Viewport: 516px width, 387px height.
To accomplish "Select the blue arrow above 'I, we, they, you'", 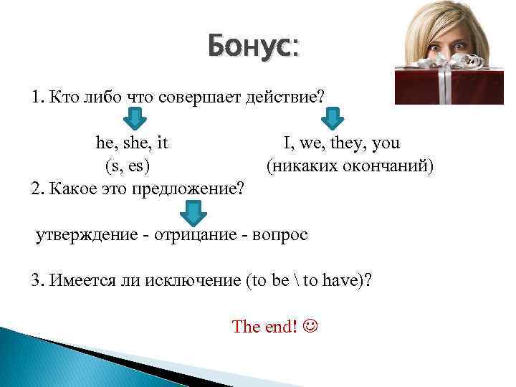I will click(331, 117).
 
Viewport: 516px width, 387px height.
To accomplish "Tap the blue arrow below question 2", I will click(192, 211).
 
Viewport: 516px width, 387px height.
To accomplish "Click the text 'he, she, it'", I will click(132, 143).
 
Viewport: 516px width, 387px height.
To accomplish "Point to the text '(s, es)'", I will click(128, 166).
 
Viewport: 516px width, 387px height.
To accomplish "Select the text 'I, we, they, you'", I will click(342, 143).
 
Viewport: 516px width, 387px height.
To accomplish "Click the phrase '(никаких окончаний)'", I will click(350, 166).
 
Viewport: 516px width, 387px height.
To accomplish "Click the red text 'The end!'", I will click(264, 327).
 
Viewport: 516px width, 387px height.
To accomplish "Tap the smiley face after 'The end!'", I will click(310, 327).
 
